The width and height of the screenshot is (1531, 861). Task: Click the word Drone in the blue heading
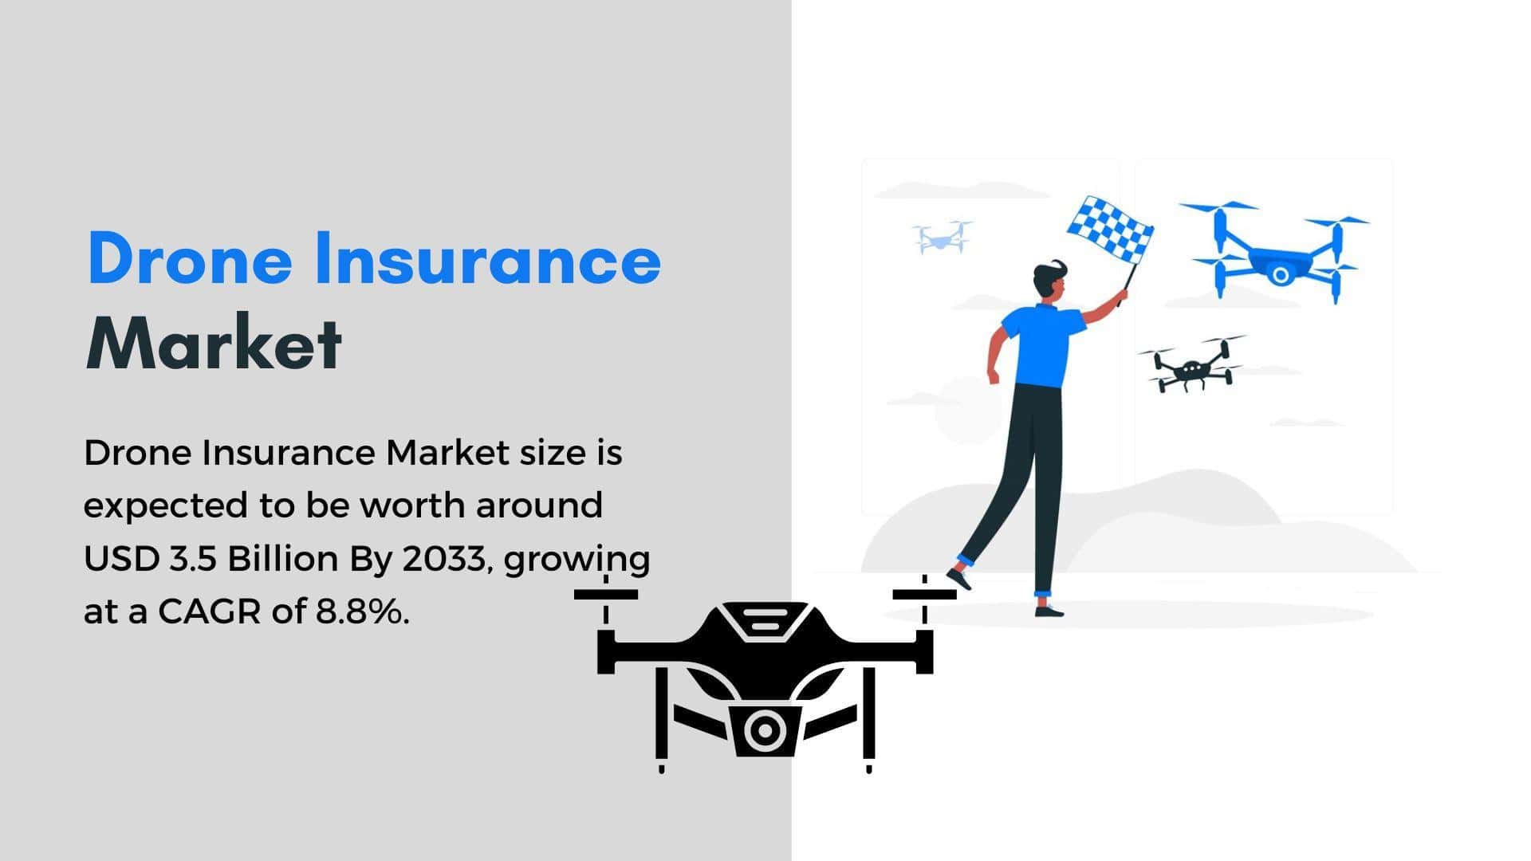pyautogui.click(x=190, y=258)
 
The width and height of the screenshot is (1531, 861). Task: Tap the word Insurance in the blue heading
pyautogui.click(x=488, y=258)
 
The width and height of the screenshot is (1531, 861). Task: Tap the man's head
pyautogui.click(x=1051, y=281)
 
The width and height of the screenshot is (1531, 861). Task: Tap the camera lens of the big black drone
pyautogui.click(x=764, y=729)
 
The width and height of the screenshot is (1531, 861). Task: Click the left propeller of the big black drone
pyautogui.click(x=606, y=594)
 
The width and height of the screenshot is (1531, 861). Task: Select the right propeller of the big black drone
pyautogui.click(x=924, y=594)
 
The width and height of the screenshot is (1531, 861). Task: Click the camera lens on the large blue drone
pyautogui.click(x=1280, y=275)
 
